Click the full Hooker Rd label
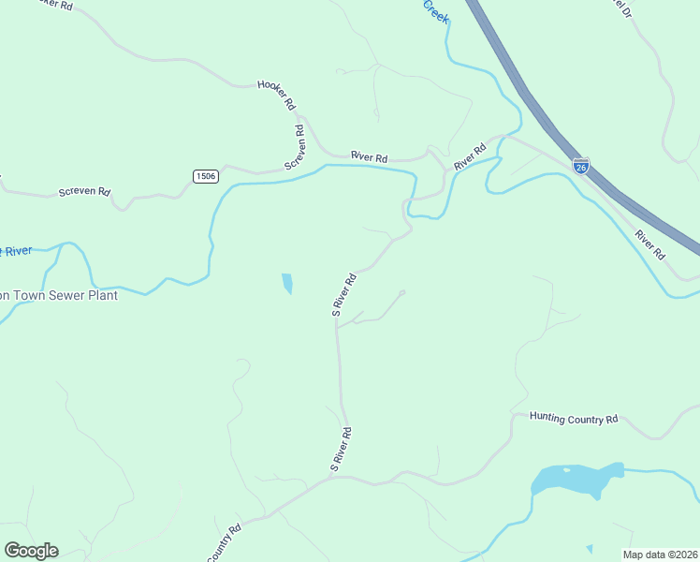277,94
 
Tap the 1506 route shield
205,176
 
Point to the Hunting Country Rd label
574,419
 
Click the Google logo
31,550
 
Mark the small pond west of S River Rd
286,282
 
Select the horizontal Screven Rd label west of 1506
84,191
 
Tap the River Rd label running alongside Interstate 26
649,244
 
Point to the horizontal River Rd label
369,157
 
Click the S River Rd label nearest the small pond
344,294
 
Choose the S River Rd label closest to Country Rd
341,449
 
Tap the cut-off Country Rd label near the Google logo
225,543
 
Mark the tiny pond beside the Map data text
589,549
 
